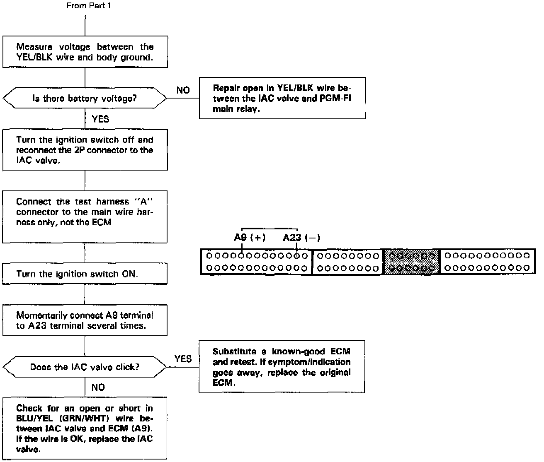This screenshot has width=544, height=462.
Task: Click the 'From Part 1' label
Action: tap(88, 6)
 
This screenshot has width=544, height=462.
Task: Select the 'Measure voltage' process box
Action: tap(85, 52)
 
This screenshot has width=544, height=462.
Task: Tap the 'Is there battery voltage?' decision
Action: tap(85, 99)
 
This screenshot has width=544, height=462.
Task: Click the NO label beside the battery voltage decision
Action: tap(183, 90)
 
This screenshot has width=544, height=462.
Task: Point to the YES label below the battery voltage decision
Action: tap(100, 119)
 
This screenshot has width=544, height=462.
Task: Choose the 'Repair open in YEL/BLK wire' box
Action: tap(282, 99)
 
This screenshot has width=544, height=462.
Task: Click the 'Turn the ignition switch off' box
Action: tap(85, 150)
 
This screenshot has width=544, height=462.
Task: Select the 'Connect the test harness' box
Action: tap(85, 217)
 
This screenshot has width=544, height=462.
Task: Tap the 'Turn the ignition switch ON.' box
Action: tap(85, 274)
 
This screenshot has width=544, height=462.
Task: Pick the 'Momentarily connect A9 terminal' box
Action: tap(85, 320)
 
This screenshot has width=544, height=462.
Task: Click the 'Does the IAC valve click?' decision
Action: tap(85, 367)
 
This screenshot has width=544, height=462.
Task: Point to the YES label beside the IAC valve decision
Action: tap(183, 359)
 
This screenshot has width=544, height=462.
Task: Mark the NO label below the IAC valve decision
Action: tap(98, 387)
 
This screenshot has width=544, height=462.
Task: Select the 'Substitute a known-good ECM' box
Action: tap(282, 367)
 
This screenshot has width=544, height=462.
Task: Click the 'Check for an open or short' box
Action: tap(85, 428)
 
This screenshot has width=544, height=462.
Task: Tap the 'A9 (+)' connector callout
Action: tap(250, 238)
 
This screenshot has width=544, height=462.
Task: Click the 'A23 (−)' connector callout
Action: tap(301, 238)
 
